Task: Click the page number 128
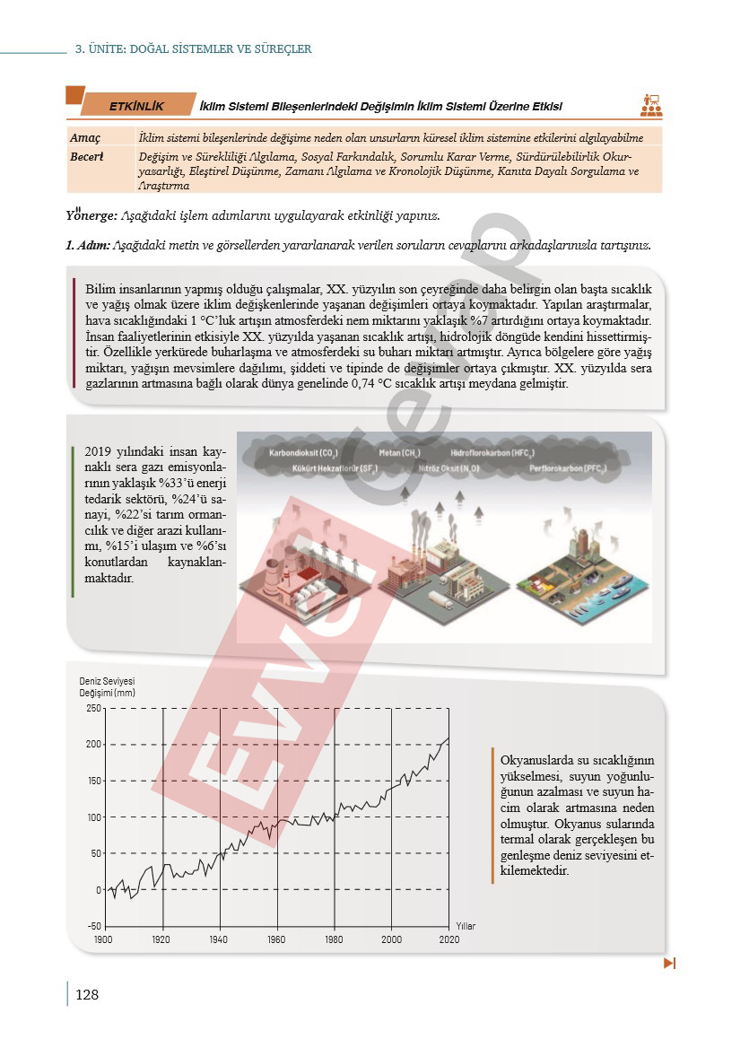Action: tap(87, 995)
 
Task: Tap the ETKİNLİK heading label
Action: tap(136, 106)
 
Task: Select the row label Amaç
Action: tap(86, 137)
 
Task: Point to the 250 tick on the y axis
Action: tap(94, 708)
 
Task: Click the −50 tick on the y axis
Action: tap(93, 926)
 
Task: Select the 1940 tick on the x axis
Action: tap(219, 939)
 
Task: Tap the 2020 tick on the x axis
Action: tap(449, 939)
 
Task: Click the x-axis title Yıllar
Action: tap(466, 925)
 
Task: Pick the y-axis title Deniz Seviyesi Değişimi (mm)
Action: tap(107, 687)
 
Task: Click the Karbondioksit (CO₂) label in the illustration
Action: tap(303, 453)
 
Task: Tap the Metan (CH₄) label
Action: tap(400, 453)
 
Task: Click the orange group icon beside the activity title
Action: tap(651, 106)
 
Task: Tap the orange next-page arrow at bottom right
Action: tap(668, 964)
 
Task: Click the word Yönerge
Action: tap(91, 217)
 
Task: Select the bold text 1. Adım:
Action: tap(88, 245)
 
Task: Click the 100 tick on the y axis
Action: tap(94, 817)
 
